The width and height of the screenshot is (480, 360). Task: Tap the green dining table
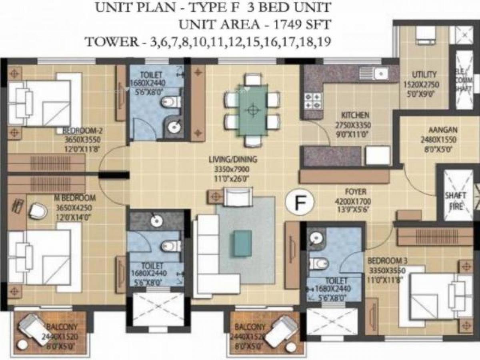tap(252, 108)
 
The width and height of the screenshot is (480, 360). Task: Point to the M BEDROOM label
tap(75, 198)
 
